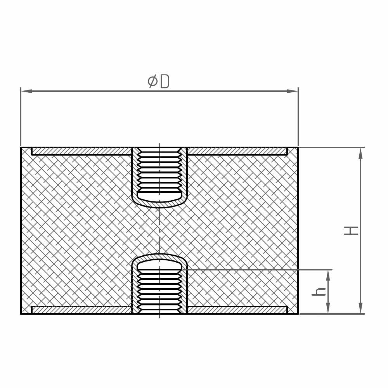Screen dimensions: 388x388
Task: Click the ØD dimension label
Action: tap(158, 81)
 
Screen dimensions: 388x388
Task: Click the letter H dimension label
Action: tap(351, 230)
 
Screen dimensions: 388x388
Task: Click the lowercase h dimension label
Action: tap(319, 292)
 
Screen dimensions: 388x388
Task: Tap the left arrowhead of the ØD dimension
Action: tap(27, 91)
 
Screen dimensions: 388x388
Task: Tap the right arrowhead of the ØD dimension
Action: tap(292, 91)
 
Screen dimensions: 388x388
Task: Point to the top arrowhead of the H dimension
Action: tap(360, 153)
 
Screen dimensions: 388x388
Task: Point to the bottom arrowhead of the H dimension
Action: tap(360, 308)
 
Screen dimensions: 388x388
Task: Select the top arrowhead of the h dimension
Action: tap(328, 275)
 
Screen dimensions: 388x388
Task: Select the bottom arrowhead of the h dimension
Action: tap(328, 308)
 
